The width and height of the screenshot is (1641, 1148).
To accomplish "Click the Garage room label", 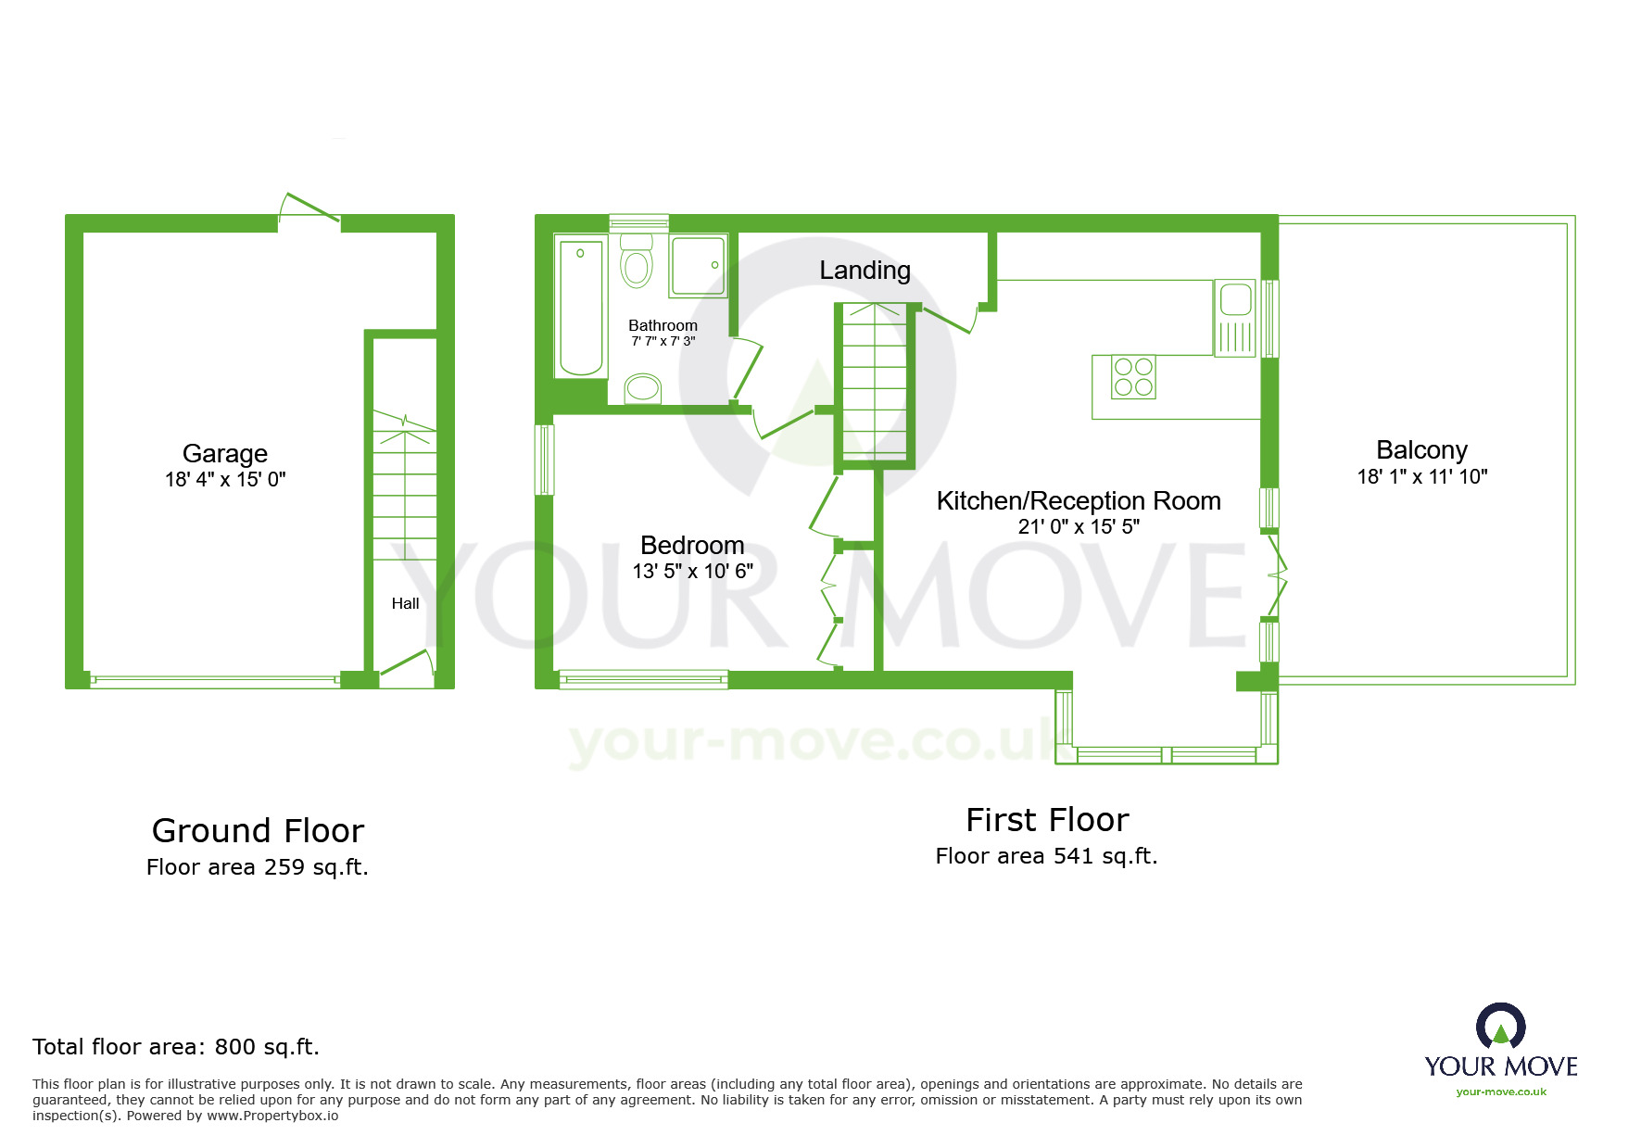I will [224, 453].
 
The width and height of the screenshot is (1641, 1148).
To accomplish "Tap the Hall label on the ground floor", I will [405, 603].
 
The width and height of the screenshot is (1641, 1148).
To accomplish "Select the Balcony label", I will [1421, 450].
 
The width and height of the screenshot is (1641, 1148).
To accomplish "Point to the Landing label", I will [865, 271].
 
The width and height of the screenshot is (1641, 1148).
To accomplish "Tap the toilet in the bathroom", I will [637, 260].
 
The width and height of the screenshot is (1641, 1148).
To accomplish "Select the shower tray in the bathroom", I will [698, 266].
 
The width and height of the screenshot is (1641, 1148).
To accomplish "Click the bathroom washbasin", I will [642, 388].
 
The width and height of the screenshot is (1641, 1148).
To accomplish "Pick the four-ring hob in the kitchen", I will [1132, 377].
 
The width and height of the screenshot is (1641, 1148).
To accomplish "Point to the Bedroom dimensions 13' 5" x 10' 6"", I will [692, 572].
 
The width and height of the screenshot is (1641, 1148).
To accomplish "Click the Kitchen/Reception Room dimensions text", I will [1079, 527].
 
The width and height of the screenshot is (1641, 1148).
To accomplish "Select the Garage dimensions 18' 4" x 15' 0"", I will [225, 480].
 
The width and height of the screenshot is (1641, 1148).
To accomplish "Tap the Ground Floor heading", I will [258, 831].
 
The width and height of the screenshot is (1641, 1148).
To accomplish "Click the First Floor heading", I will [1047, 820].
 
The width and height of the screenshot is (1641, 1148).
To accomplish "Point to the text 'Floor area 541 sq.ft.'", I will [1046, 856].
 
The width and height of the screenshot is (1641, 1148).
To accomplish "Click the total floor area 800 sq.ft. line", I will [176, 1047].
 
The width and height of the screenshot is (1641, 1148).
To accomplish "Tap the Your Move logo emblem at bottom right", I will [1500, 1028].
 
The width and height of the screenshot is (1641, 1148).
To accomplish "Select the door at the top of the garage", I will [309, 208].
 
